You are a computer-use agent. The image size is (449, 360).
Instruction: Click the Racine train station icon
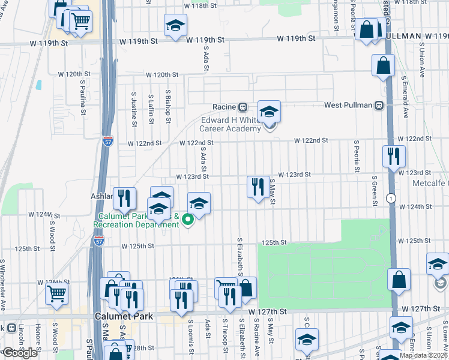[243, 107]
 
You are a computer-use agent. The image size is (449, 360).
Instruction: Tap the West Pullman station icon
[379, 106]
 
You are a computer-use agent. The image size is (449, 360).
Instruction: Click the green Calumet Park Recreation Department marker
[187, 218]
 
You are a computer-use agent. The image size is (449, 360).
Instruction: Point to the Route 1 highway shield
[391, 198]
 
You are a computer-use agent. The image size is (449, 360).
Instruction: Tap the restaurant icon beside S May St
[258, 187]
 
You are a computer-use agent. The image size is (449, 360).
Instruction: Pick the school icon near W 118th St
[175, 26]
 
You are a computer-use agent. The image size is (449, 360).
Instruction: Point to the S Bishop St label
[169, 108]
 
